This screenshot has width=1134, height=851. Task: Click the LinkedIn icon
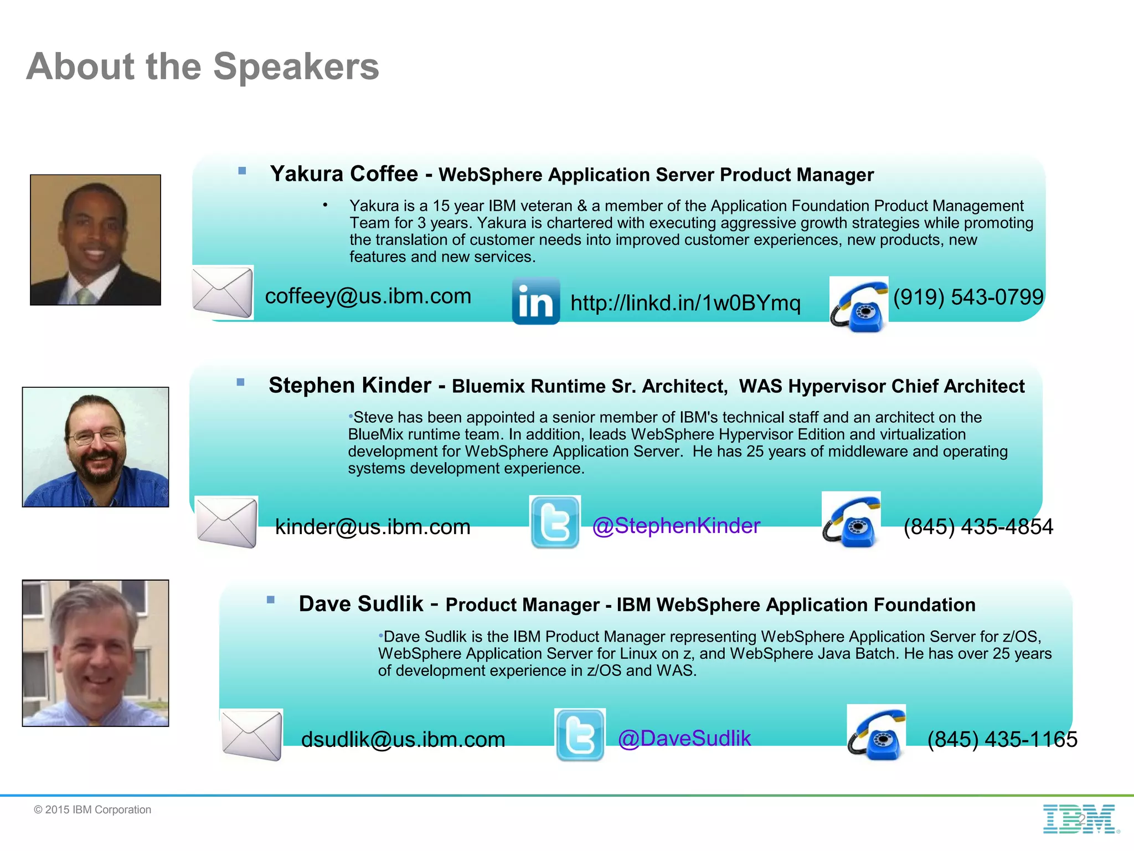pyautogui.click(x=535, y=301)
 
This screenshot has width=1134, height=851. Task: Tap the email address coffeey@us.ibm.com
pyautogui.click(x=368, y=296)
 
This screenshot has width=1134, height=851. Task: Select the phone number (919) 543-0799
pyautogui.click(x=968, y=297)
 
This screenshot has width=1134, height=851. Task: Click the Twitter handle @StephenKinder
pyautogui.click(x=676, y=525)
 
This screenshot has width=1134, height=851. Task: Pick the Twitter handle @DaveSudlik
pyautogui.click(x=684, y=738)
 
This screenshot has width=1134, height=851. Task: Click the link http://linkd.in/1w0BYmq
pyautogui.click(x=685, y=303)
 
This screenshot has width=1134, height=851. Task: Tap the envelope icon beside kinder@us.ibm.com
pyautogui.click(x=226, y=522)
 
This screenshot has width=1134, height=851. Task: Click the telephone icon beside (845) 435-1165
pyautogui.click(x=876, y=732)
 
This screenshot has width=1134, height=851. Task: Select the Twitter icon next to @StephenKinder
pyautogui.click(x=555, y=522)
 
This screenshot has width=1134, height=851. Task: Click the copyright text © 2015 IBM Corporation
pyautogui.click(x=92, y=809)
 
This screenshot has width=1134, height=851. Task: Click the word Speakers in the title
pyautogui.click(x=296, y=66)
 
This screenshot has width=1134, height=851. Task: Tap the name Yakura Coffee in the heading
pyautogui.click(x=344, y=174)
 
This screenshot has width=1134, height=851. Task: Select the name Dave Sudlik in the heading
pyautogui.click(x=361, y=604)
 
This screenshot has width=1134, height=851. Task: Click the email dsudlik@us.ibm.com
pyautogui.click(x=403, y=739)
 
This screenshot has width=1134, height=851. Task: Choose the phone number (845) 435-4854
pyautogui.click(x=978, y=526)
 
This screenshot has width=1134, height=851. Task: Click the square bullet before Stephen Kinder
pyautogui.click(x=240, y=382)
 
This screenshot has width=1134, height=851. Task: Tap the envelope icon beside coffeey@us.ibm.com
pyautogui.click(x=223, y=293)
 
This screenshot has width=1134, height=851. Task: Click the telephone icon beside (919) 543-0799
pyautogui.click(x=859, y=304)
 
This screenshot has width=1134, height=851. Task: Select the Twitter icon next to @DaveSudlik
pyautogui.click(x=580, y=735)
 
